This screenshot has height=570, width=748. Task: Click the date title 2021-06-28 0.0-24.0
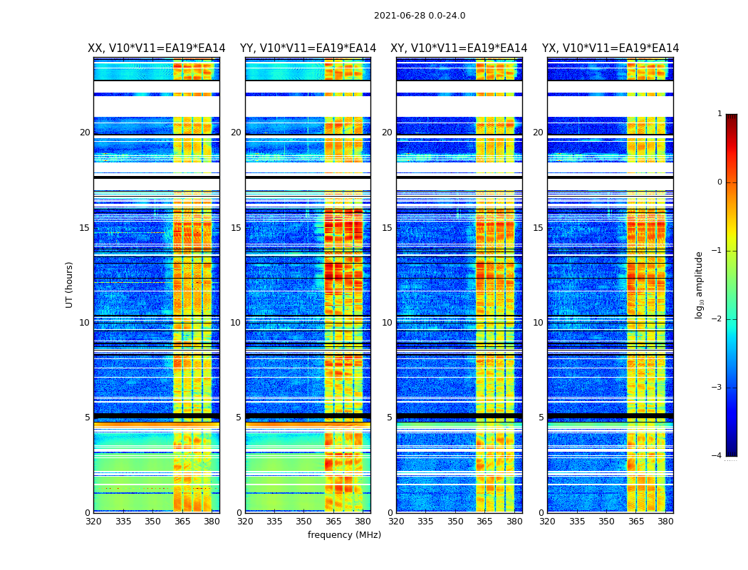pyautogui.click(x=420, y=16)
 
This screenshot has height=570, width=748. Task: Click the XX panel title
pyautogui.click(x=157, y=48)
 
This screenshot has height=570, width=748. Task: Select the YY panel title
pyautogui.click(x=308, y=48)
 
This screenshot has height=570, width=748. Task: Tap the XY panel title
pyautogui.click(x=459, y=48)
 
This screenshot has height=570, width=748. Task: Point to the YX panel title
pyautogui.click(x=611, y=48)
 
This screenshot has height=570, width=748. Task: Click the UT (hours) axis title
pyautogui.click(x=70, y=284)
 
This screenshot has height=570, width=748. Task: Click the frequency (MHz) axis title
pyautogui.click(x=344, y=535)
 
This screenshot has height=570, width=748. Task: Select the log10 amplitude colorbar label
pyautogui.click(x=700, y=284)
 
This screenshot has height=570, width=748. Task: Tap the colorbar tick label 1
pyautogui.click(x=720, y=114)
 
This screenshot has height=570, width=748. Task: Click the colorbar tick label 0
pyautogui.click(x=720, y=182)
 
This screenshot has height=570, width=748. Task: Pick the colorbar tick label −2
pyautogui.click(x=717, y=319)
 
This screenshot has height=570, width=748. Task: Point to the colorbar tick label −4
pyautogui.click(x=717, y=456)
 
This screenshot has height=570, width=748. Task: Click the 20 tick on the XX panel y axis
pyautogui.click(x=85, y=133)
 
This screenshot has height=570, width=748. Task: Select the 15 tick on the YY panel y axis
pyautogui.click(x=236, y=228)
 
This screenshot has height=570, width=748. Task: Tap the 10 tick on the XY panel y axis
pyautogui.click(x=387, y=323)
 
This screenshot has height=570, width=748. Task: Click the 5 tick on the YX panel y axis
pyautogui.click(x=541, y=418)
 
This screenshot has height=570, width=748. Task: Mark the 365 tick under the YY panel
pyautogui.click(x=333, y=522)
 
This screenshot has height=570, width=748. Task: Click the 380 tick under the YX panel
pyautogui.click(x=665, y=522)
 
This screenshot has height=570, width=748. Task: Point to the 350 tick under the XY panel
pyautogui.click(x=455, y=522)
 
